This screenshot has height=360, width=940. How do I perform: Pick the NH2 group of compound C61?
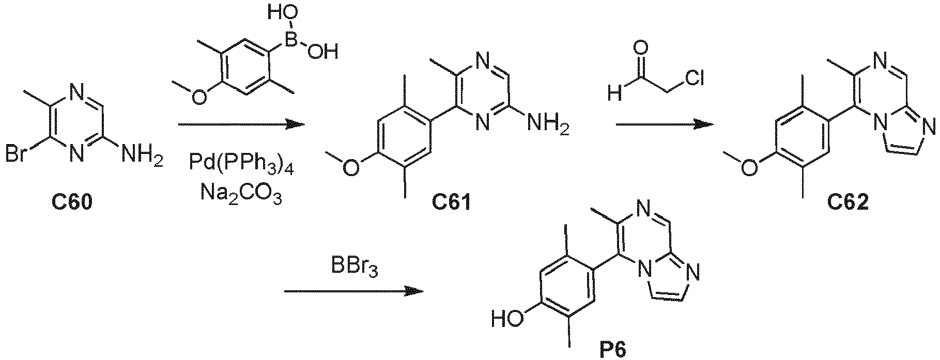pos(546,124)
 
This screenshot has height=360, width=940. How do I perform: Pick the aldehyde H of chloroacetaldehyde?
pos(614,93)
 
